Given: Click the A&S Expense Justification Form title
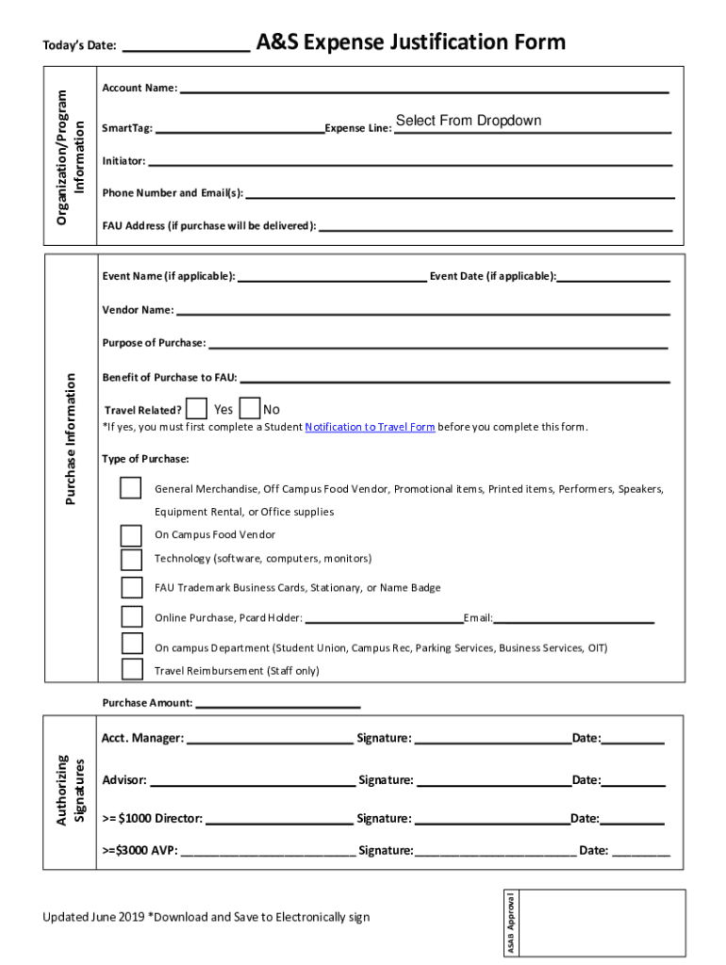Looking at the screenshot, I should pos(411,42).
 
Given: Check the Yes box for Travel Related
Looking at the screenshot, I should pos(197,409).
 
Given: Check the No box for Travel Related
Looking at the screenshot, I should pos(250,409).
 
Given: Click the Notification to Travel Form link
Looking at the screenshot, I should pos(370,427).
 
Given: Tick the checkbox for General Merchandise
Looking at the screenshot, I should pos(131,488).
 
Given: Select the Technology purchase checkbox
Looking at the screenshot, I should pos(131,560).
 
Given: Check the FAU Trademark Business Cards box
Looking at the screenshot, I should pos(131,588).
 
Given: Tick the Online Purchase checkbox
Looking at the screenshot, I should pos(131,617).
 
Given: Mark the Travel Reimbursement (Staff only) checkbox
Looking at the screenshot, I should pos(131,669).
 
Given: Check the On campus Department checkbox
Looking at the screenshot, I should pos(131,645).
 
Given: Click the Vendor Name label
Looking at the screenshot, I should pos(138,310).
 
